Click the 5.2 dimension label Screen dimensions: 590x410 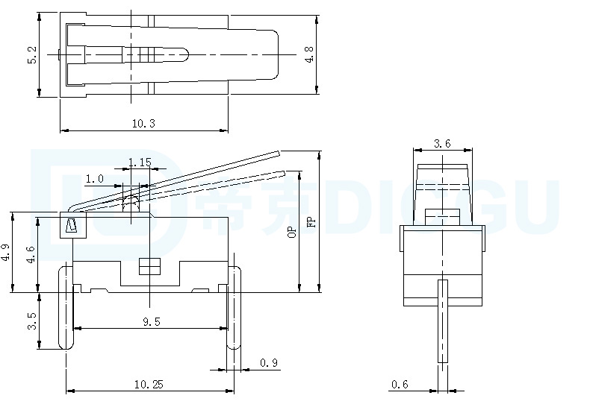coord(32,55)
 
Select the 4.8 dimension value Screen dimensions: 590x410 coord(309,54)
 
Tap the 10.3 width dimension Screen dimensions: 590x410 coord(143,123)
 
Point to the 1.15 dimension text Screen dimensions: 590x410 coord(140,163)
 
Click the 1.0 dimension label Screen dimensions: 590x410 coord(94,179)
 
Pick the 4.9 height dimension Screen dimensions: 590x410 coord(5,252)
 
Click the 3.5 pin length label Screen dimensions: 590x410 coord(31,321)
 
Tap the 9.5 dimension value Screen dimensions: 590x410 coord(152,321)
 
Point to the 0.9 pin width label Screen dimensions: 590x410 coord(269,363)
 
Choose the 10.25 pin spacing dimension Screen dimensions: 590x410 coord(149,384)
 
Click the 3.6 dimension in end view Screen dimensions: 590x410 coord(442,143)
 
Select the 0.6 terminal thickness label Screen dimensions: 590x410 coord(400,384)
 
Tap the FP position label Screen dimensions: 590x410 coord(311,222)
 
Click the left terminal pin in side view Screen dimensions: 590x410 coord(66,307)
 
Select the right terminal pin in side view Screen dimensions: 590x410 coord(234,307)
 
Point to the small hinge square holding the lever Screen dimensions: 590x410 coord(73,225)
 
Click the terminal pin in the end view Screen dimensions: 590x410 coord(443,321)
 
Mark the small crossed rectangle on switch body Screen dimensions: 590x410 coord(149,266)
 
